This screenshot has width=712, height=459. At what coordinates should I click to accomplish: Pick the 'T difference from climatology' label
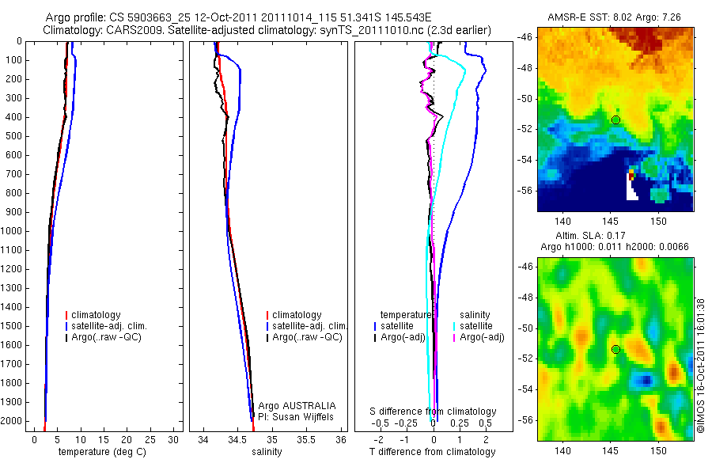point(432,452)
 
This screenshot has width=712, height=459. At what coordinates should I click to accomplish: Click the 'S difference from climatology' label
point(434,412)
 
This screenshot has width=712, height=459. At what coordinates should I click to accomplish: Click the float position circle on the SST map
point(615,119)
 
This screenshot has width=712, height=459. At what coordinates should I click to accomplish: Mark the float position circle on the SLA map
point(615,349)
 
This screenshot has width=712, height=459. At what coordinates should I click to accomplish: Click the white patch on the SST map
point(631,188)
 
